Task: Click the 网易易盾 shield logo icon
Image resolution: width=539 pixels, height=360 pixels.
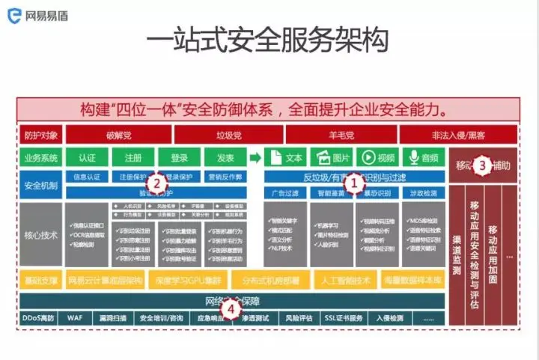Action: click(13, 13)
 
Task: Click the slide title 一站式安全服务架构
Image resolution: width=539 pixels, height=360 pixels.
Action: click(267, 41)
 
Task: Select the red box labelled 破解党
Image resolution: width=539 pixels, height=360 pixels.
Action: click(118, 135)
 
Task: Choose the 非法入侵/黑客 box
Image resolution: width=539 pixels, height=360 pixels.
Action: click(458, 135)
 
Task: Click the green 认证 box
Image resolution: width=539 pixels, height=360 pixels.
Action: click(87, 158)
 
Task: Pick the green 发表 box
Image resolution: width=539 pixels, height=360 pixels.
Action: click(225, 158)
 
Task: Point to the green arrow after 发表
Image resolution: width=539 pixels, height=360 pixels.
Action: click(255, 158)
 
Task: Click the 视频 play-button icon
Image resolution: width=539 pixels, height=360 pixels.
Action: click(368, 158)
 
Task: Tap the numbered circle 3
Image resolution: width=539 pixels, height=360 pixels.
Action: click(484, 165)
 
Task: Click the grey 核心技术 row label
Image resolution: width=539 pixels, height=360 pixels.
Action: click(40, 235)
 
